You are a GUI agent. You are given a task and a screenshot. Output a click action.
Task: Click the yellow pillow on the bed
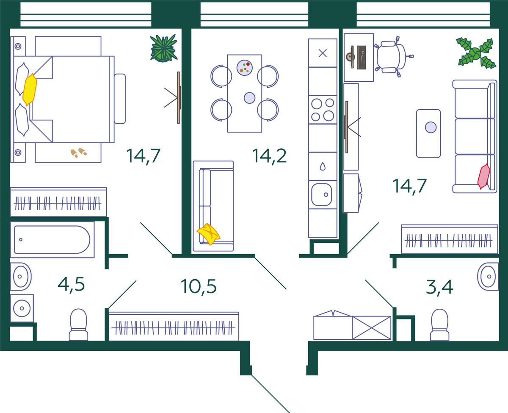point(30,89)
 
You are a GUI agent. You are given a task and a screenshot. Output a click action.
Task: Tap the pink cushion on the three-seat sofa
point(484,176)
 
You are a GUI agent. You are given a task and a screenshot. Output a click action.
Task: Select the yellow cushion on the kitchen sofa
point(208,234)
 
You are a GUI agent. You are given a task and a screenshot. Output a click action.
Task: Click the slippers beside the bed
point(78,152)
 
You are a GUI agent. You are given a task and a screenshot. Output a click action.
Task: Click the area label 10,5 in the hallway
point(199,286)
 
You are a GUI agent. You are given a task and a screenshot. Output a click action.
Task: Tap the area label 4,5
point(71,284)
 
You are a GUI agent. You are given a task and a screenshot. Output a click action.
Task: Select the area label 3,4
point(439,288)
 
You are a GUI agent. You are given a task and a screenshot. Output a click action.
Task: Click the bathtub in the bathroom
point(52,240)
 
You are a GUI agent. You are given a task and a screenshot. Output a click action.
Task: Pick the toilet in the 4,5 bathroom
point(78,325)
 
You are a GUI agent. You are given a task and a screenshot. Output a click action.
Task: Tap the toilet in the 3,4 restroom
point(439,325)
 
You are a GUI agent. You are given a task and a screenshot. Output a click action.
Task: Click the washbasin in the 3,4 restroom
point(488,277)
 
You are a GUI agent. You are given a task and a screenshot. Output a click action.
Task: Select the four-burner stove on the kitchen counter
point(323,110)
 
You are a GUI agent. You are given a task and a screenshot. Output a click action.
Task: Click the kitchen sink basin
point(321,195)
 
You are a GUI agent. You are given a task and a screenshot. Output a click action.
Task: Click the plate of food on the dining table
point(244,68)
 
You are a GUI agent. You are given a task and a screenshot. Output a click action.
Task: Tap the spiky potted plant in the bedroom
point(164,48)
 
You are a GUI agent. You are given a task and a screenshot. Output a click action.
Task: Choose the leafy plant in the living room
point(476,53)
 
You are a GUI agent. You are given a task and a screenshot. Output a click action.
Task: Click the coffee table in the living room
point(428,133)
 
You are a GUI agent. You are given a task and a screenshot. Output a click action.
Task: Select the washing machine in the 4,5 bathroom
point(22,308)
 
